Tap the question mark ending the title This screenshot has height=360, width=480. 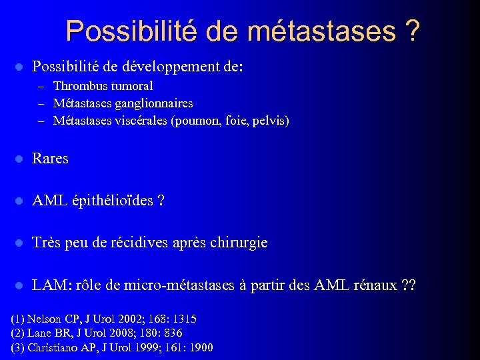(x=412, y=31)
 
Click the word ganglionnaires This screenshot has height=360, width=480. (x=153, y=103)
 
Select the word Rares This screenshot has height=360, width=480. (x=50, y=159)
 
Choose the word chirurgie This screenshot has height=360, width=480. (x=239, y=243)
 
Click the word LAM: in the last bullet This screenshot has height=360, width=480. (x=49, y=285)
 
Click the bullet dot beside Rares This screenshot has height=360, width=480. (x=19, y=159)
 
